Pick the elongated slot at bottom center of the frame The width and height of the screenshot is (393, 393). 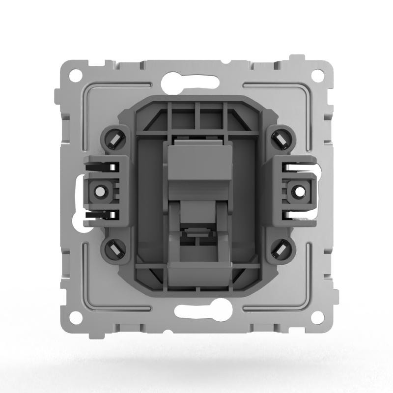196,312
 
